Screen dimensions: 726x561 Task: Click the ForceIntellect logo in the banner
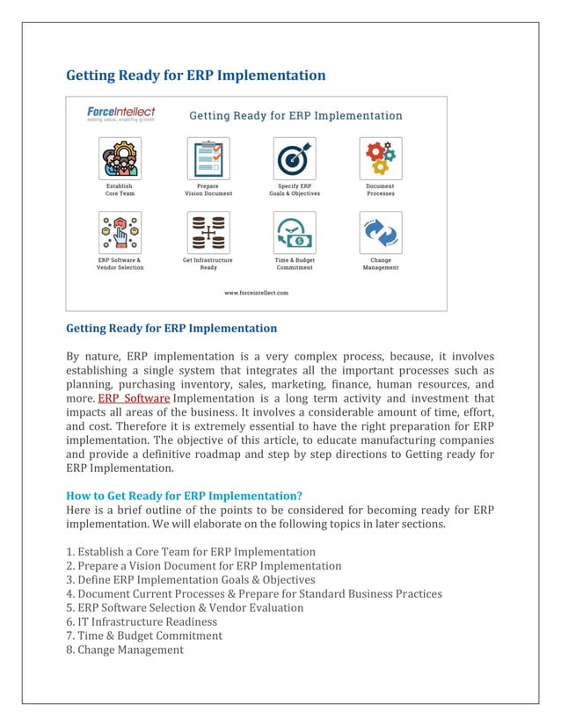120,114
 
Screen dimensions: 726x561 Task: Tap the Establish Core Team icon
120,158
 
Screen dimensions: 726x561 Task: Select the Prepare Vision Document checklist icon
208,158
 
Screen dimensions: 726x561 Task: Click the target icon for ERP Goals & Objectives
295,158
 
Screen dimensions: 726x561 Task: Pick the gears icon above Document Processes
381,158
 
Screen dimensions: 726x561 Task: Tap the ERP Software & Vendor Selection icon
120,233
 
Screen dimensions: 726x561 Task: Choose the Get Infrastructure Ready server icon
208,233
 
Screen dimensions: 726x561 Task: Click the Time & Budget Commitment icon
295,233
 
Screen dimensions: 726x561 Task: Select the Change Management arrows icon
381,233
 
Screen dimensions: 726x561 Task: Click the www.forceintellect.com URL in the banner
256,293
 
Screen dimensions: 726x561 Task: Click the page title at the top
196,75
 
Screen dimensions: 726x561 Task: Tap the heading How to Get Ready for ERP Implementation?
185,495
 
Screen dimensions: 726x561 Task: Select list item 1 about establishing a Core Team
191,551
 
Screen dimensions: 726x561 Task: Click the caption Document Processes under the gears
381,190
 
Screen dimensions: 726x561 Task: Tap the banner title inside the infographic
296,115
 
